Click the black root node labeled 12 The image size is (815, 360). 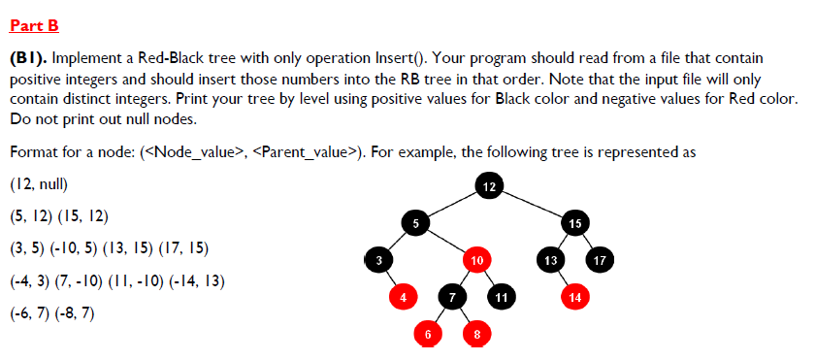click(x=489, y=185)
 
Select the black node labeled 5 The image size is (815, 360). click(x=416, y=223)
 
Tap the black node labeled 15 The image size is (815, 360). click(x=575, y=223)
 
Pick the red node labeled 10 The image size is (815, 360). click(x=476, y=260)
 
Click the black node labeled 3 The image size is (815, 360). click(x=378, y=260)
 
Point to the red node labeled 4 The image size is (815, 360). click(x=403, y=296)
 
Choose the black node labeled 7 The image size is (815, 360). click(x=452, y=296)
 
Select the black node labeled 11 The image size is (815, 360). click(x=501, y=296)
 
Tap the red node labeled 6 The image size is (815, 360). click(x=428, y=333)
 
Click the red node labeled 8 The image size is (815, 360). click(x=476, y=333)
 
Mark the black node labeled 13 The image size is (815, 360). click(x=550, y=260)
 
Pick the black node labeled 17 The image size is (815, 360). click(x=600, y=260)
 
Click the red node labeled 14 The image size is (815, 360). click(x=575, y=296)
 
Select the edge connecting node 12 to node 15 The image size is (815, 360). click(x=533, y=204)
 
